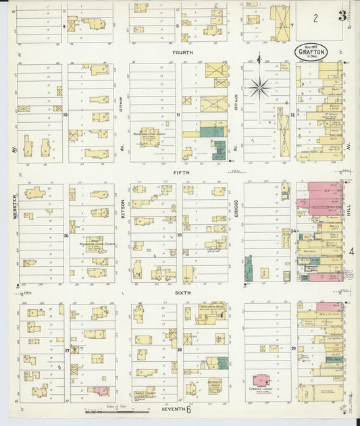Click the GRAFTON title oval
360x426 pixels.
click(x=307, y=51)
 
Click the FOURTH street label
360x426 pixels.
click(x=182, y=53)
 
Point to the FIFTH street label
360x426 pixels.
click(x=181, y=173)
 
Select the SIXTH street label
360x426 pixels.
click(x=182, y=292)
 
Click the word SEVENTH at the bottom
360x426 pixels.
click(x=174, y=409)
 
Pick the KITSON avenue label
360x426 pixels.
click(x=122, y=201)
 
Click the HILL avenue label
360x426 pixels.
click(x=349, y=211)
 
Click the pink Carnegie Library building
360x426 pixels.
click(x=260, y=382)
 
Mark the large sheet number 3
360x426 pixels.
click(x=343, y=15)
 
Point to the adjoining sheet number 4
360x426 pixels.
click(x=352, y=252)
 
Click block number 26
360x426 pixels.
click(x=66, y=236)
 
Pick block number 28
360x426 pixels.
click(x=179, y=350)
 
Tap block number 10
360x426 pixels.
click(x=66, y=115)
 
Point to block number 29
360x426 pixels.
click(x=293, y=348)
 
